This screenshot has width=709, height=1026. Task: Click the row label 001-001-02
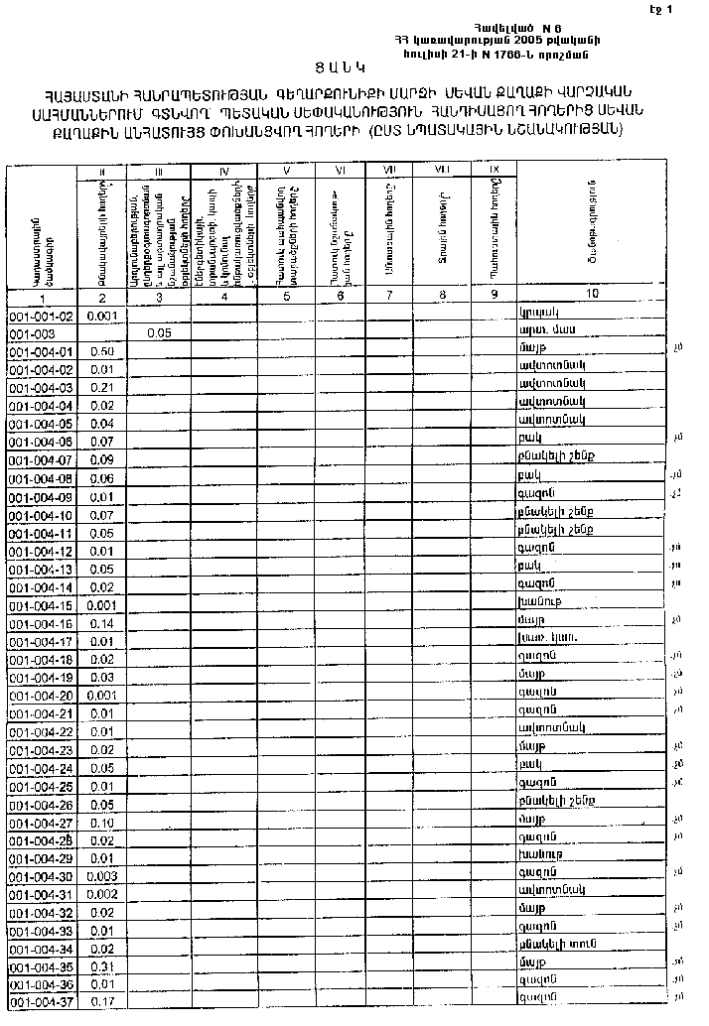(x=41, y=316)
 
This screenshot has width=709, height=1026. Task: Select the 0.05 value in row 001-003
(x=158, y=333)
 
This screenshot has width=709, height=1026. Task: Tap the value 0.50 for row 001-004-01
(x=100, y=351)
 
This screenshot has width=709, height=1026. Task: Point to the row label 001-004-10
(x=41, y=516)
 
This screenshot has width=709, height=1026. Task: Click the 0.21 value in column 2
(x=100, y=388)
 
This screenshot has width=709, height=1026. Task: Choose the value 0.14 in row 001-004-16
(x=100, y=624)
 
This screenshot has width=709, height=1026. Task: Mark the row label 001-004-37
(x=41, y=1002)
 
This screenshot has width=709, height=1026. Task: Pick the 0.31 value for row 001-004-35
(x=100, y=966)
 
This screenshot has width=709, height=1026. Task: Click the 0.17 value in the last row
(x=100, y=1002)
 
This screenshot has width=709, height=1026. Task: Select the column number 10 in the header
(x=592, y=295)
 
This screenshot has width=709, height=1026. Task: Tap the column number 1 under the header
(x=42, y=297)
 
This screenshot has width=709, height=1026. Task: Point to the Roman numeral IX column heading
(x=494, y=171)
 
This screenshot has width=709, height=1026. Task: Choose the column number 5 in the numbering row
(x=286, y=296)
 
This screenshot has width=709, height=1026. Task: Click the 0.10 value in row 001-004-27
(x=100, y=823)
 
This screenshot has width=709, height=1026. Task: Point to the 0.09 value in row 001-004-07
(x=100, y=460)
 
